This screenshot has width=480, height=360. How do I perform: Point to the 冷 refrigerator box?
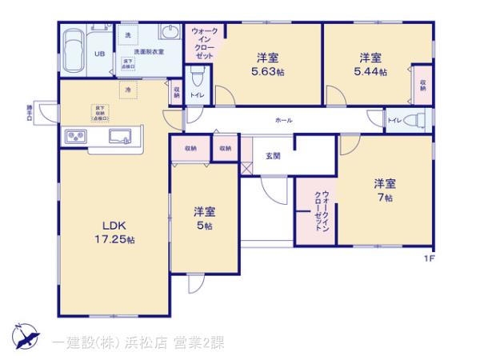[128, 90]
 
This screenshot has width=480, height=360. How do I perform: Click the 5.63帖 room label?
[268, 64]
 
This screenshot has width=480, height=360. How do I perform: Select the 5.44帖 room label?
[370, 64]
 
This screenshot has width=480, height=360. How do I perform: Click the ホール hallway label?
[283, 120]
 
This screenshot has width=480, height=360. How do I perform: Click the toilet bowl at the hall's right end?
[415, 121]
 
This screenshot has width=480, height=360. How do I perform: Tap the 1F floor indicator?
[430, 258]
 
